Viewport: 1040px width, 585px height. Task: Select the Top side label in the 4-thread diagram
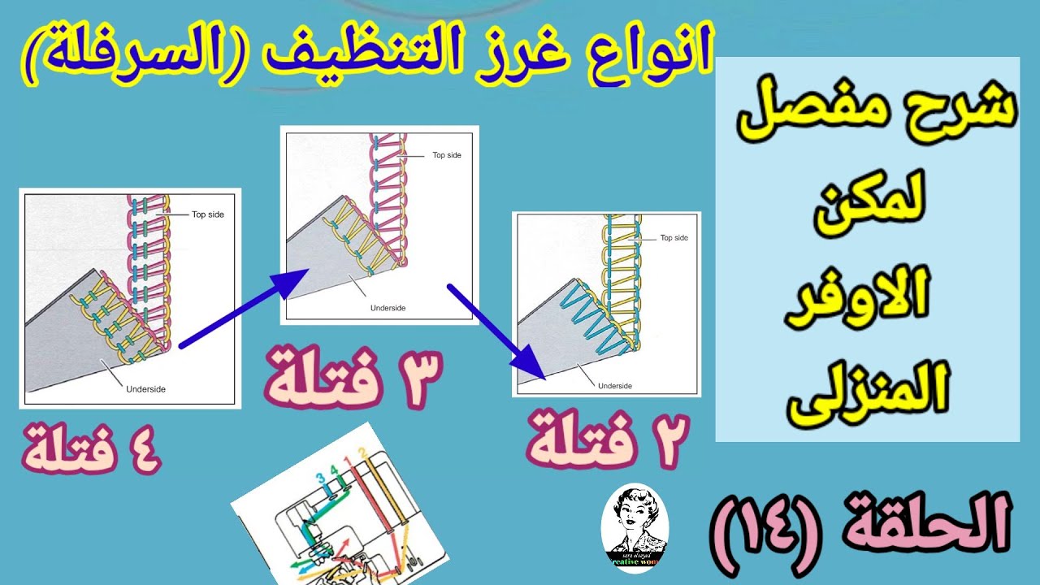pos(207,214)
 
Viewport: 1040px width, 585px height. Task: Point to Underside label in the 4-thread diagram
pos(145,389)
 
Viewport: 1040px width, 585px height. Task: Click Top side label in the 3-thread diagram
pos(446,154)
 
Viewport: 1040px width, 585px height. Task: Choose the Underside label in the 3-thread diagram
pos(388,308)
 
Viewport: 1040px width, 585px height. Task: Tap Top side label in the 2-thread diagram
pos(674,238)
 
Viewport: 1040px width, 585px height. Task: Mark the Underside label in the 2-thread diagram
pos(614,386)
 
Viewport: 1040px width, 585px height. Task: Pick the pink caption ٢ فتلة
pos(608,440)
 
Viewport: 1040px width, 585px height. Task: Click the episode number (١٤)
pos(769,522)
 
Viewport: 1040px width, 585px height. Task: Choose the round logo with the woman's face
pos(635,530)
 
